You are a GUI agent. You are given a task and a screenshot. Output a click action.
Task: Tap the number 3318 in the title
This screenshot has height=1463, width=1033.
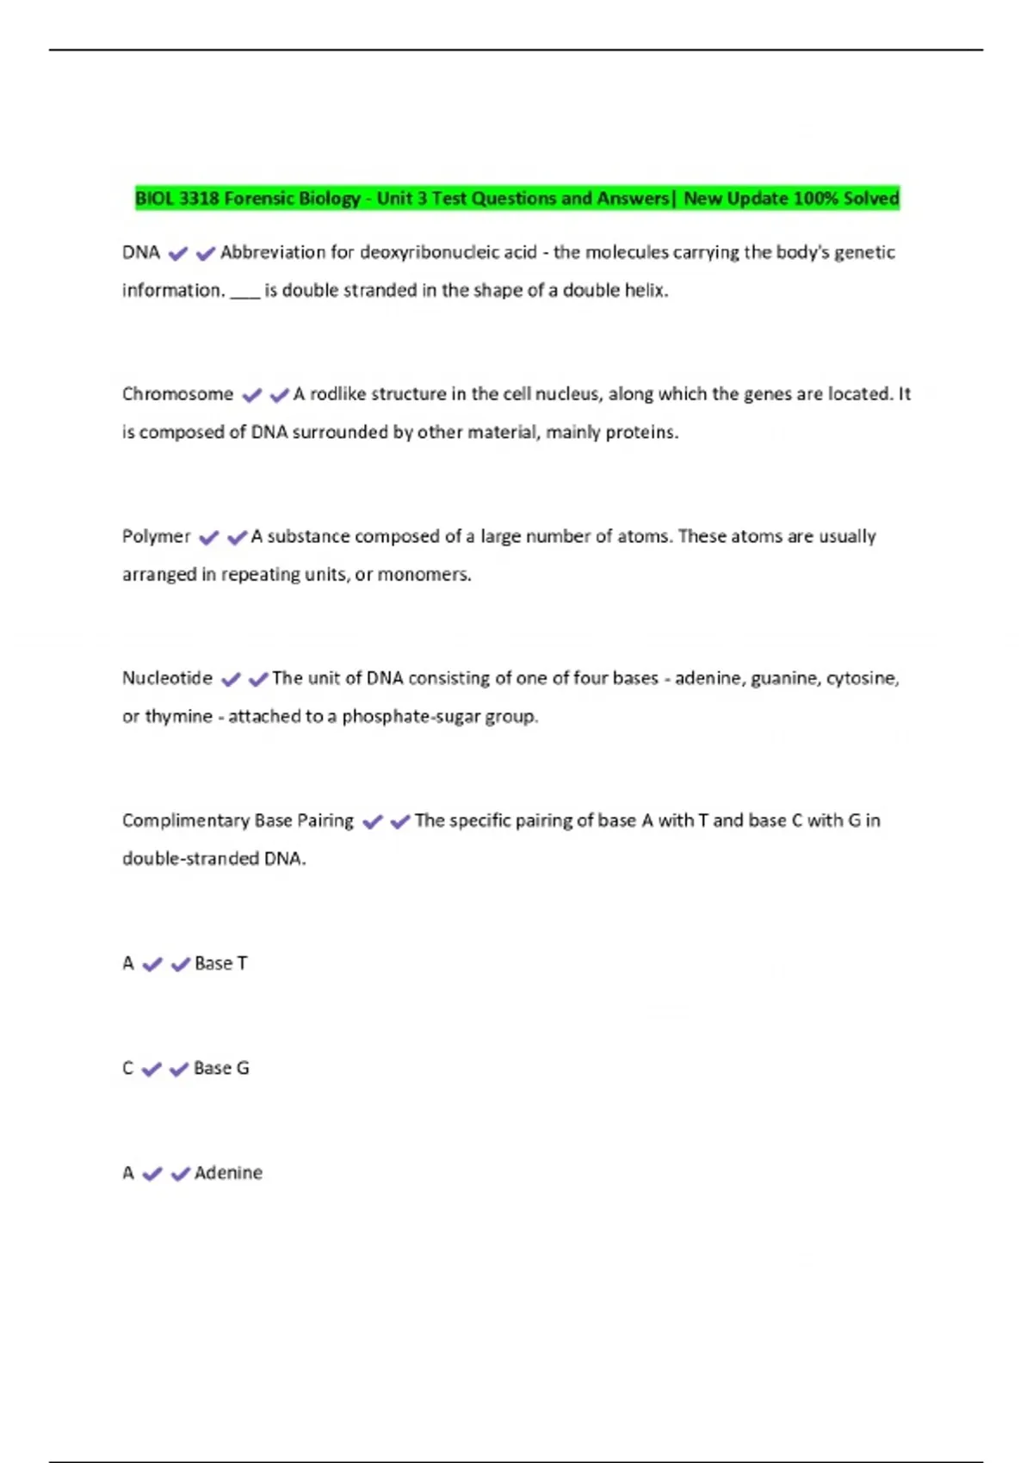[x=199, y=199]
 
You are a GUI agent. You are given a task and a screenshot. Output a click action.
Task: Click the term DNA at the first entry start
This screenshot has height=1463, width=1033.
[x=141, y=253]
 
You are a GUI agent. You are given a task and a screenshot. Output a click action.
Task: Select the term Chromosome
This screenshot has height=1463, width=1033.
[x=177, y=394]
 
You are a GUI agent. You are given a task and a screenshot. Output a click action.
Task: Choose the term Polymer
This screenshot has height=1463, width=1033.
[x=156, y=536]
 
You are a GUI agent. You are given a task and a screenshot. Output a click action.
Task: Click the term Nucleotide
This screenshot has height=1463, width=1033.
[x=167, y=678]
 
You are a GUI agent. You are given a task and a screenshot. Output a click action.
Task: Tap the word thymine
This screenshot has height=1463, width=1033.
[x=178, y=716]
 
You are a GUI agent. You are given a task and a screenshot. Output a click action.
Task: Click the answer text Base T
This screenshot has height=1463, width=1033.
[x=221, y=963]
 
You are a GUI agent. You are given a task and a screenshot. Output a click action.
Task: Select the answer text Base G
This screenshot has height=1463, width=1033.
[x=221, y=1068]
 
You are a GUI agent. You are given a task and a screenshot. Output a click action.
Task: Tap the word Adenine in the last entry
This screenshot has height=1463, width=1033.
[x=228, y=1173]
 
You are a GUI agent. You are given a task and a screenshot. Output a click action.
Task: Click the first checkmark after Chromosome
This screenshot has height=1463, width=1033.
[x=251, y=396]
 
